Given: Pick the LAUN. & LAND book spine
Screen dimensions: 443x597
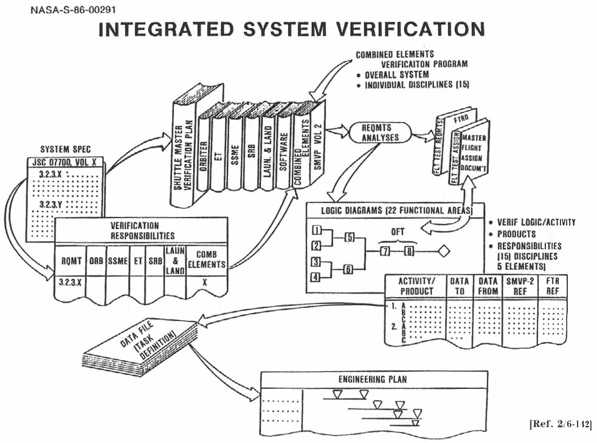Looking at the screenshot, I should pos(268,145).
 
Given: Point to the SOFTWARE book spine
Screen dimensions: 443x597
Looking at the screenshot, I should pos(283,146).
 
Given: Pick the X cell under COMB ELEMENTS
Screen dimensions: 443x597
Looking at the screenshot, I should pos(205,283).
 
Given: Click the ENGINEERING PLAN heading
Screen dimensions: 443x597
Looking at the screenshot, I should pos(373,380).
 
